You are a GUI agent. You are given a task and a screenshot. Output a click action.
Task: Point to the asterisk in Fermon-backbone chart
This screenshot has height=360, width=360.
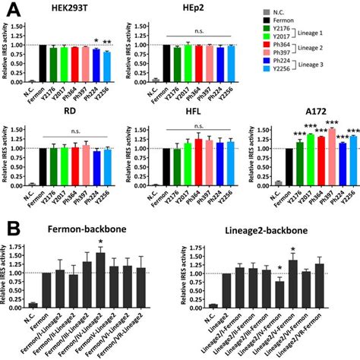pyautogui.click(x=101, y=239)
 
